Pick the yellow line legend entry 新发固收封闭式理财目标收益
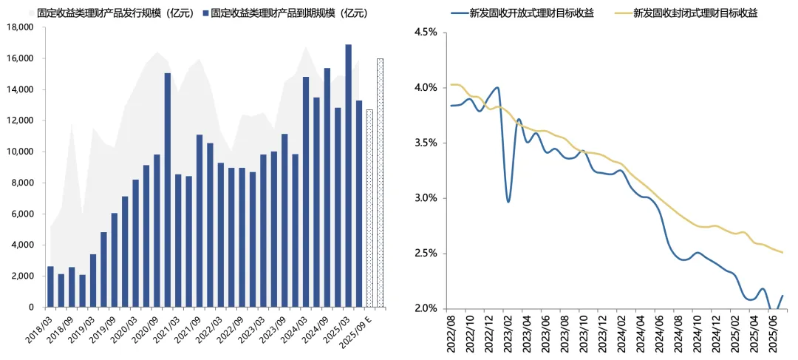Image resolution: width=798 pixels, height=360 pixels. click(x=695, y=13)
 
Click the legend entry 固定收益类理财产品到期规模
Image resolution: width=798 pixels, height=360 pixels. click(x=288, y=13)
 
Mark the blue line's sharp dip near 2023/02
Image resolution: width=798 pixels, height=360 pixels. click(x=508, y=201)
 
